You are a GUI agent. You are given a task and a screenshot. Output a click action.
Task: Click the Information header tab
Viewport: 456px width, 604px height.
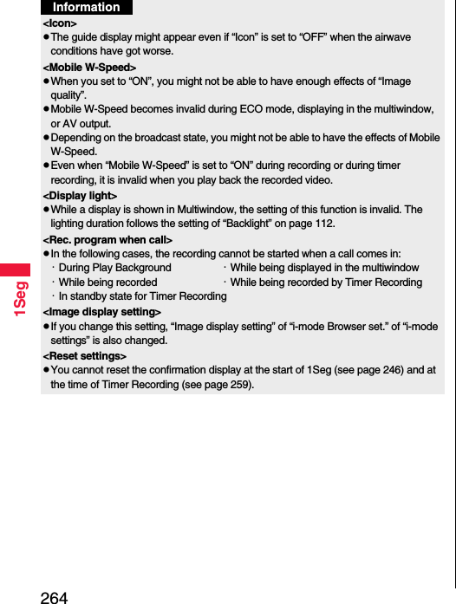(x=87, y=8)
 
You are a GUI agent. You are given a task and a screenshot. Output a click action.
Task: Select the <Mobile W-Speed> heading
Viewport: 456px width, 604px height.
(x=89, y=67)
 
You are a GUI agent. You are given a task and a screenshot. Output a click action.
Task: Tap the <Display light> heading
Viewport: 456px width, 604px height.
(x=80, y=196)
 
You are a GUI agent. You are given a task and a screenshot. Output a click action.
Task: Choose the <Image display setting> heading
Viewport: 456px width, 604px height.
(x=101, y=311)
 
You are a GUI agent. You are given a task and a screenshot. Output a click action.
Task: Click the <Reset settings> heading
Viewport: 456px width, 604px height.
(x=84, y=356)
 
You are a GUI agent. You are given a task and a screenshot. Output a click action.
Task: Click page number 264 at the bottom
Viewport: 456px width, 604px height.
(x=54, y=596)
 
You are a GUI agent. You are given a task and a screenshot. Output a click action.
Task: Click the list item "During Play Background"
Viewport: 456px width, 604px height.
(x=114, y=268)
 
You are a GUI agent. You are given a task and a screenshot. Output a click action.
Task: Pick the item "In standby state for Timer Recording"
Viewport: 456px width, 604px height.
(x=142, y=296)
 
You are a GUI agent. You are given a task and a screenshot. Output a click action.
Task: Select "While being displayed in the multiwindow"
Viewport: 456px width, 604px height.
(x=324, y=268)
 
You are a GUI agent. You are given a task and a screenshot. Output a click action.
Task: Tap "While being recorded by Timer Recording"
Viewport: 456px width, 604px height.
(x=326, y=283)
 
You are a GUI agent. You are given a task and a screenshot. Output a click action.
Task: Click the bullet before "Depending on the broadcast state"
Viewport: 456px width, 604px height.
(x=46, y=138)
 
